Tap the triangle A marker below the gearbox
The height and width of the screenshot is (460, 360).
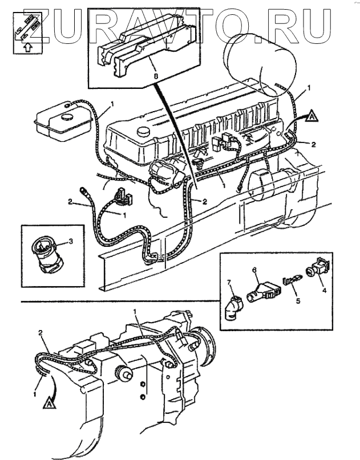point(51,403)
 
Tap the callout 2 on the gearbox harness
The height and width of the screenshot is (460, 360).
point(40,332)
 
